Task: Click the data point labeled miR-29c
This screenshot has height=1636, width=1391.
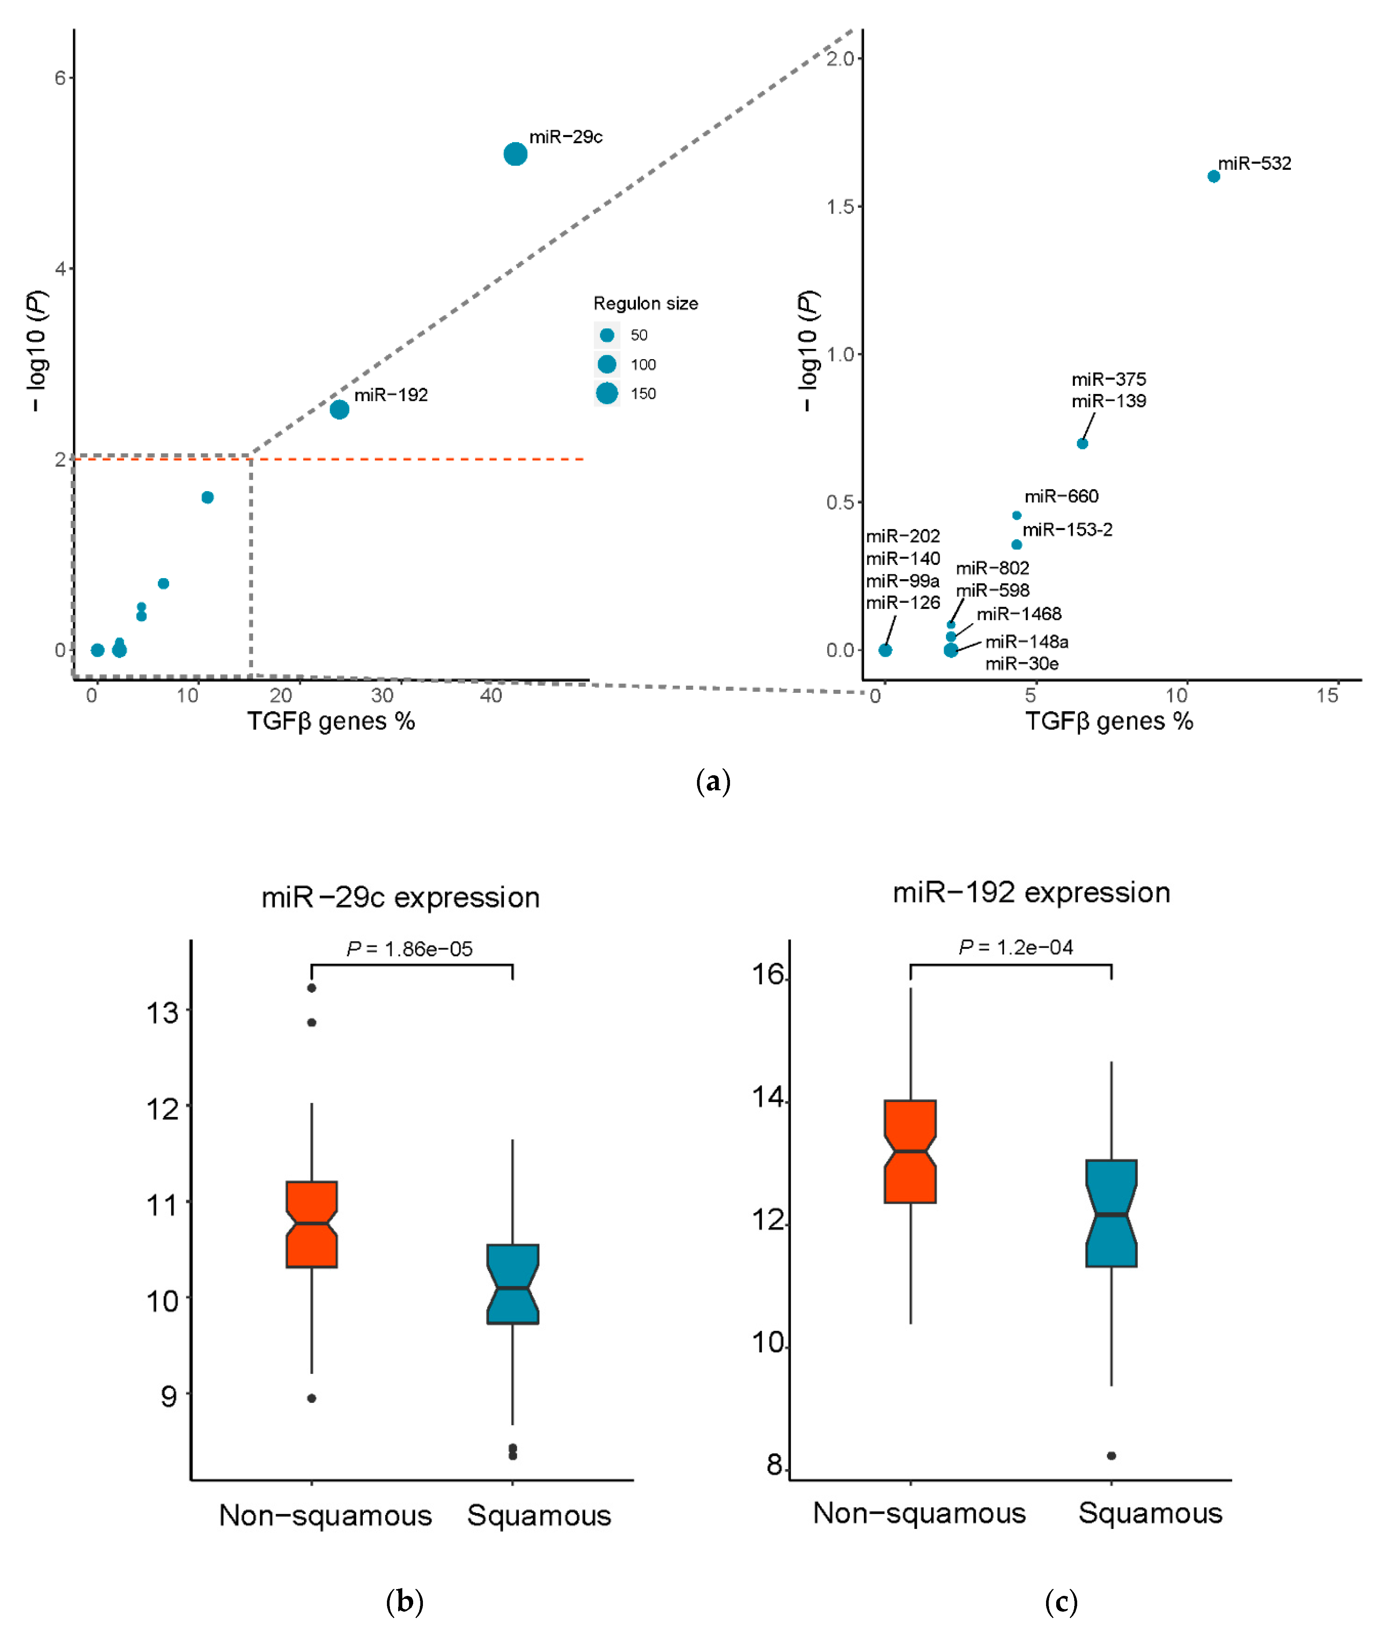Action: pos(515,154)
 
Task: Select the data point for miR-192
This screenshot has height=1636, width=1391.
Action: pos(339,409)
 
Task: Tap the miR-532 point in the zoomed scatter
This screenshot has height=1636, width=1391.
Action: pos(1214,177)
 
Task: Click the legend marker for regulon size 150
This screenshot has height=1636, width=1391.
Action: pos(606,393)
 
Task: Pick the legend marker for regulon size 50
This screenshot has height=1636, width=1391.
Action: pos(606,335)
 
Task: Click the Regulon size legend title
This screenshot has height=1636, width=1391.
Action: pos(645,304)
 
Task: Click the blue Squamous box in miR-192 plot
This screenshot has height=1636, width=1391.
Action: pos(1111,1214)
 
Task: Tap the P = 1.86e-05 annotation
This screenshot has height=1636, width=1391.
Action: pos(409,948)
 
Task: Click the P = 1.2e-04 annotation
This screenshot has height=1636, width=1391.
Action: pos(1016,947)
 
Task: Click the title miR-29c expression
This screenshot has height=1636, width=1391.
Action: pos(400,897)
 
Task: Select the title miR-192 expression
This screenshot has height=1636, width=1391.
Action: pos(1031,893)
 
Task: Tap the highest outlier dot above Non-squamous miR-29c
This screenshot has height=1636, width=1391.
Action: pos(312,988)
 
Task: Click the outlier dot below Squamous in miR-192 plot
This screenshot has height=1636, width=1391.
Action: pos(1111,1455)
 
